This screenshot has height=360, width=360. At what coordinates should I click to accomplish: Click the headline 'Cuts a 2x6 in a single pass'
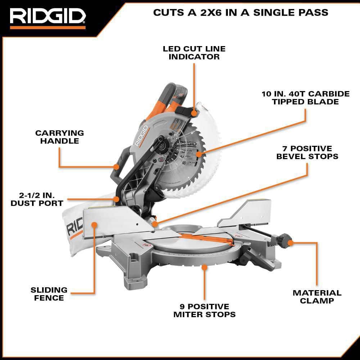(241, 12)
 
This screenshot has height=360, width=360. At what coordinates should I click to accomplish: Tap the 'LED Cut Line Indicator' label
(194, 53)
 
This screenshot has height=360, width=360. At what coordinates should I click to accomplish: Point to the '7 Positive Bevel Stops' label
(307, 152)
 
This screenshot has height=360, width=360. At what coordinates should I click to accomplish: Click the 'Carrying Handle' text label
(59, 137)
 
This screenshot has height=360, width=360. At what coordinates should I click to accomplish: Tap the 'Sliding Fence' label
(49, 294)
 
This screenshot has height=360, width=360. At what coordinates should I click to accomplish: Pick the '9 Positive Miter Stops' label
(204, 310)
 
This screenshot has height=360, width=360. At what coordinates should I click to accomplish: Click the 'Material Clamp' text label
(317, 297)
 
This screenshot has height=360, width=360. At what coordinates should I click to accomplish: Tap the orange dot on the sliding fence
(94, 225)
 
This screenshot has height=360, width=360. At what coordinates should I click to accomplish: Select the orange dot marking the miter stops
(204, 267)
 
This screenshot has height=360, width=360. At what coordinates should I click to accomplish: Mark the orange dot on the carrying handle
(116, 167)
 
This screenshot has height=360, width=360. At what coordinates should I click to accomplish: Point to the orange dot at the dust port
(116, 199)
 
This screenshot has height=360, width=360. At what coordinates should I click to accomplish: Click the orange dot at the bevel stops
(155, 224)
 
